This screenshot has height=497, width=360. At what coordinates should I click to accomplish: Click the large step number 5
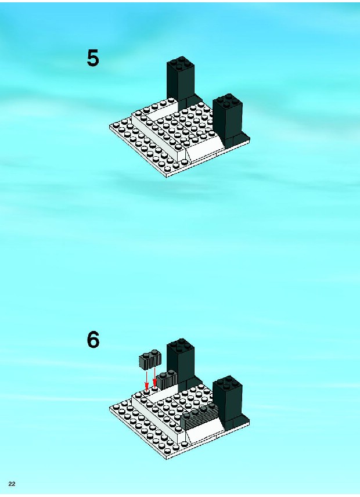(93, 58)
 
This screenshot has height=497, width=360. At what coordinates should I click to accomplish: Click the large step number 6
(93, 340)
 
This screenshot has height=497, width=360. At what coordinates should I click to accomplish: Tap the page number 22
(12, 484)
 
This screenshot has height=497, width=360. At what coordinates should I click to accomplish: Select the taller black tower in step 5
(181, 81)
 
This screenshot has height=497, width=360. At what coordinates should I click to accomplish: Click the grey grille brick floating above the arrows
(150, 360)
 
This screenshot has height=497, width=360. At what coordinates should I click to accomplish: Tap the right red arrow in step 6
(154, 378)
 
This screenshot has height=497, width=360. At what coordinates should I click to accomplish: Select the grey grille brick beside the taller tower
(167, 379)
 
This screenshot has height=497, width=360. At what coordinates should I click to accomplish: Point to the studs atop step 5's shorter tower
(228, 99)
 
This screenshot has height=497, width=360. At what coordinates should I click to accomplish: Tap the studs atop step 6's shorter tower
(228, 382)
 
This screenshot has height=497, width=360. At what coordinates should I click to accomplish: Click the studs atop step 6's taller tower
(181, 344)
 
